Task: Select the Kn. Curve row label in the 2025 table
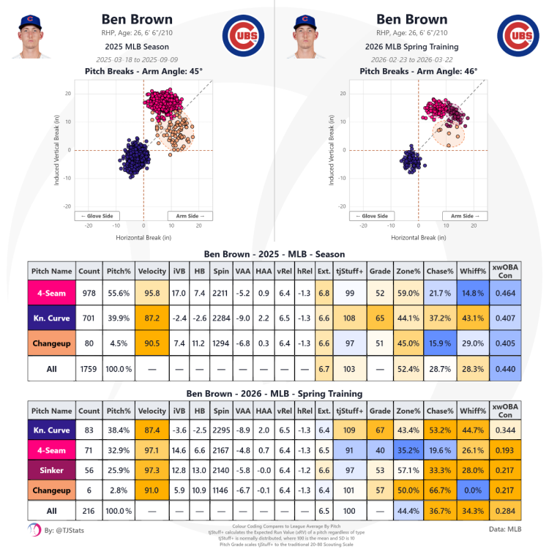pos(51,318)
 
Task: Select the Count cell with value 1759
pos(89,369)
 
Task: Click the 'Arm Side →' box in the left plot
pos(190,216)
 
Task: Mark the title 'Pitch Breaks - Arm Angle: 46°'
pos(419,71)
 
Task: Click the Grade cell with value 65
pos(380,318)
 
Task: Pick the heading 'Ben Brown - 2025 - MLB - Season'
pos(274,253)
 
